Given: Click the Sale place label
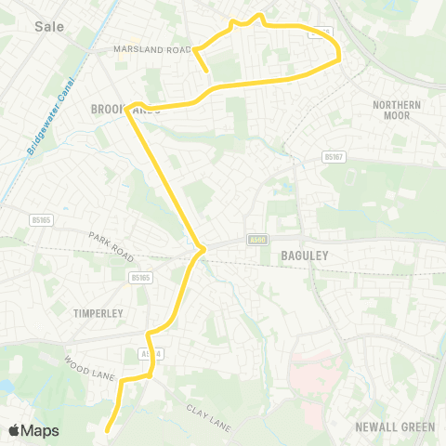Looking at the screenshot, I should click(x=48, y=26).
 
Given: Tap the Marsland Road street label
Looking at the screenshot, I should click(x=151, y=49).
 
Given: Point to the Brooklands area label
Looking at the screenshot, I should click(x=126, y=110).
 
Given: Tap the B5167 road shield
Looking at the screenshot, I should click(x=335, y=158).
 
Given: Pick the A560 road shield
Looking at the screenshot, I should click(x=258, y=240).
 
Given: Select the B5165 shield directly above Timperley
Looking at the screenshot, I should click(x=140, y=277).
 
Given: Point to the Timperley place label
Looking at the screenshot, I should click(x=98, y=314).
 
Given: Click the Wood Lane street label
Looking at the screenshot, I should click(x=89, y=367).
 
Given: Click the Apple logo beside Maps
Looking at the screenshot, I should click(x=14, y=430).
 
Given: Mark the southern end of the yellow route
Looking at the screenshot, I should click(x=108, y=430).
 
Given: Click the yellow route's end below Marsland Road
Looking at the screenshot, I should click(x=205, y=69).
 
